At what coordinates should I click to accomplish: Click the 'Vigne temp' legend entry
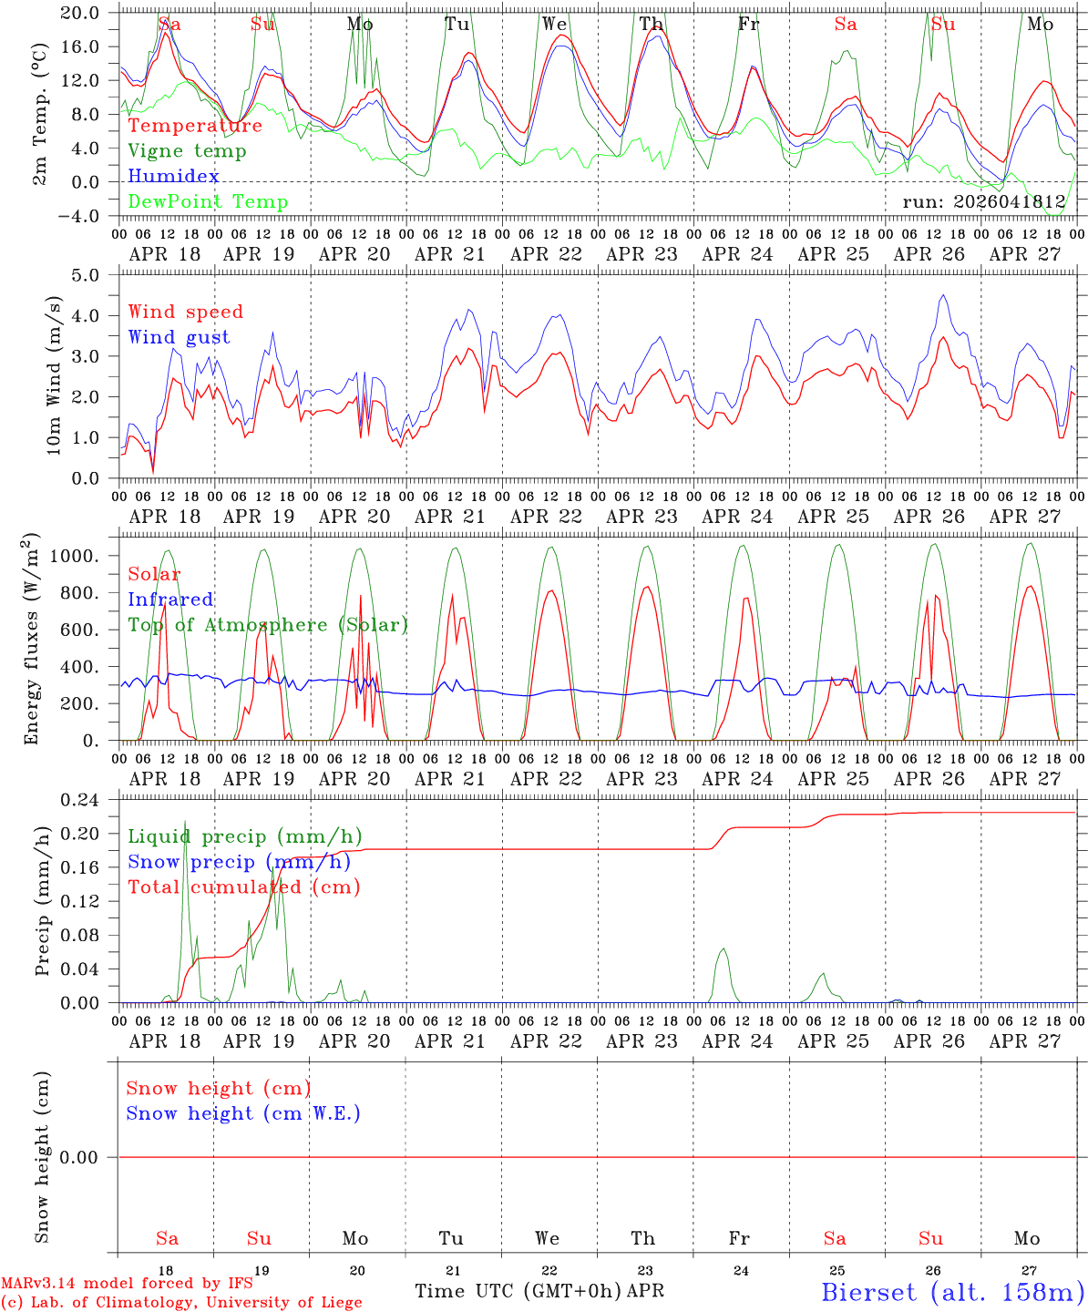pos(187,151)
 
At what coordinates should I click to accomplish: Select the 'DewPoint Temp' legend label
pos(208,201)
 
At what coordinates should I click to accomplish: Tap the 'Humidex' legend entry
pos(173,176)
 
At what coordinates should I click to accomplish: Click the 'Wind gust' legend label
pos(180,337)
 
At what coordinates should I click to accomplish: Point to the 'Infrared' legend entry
pos(170,600)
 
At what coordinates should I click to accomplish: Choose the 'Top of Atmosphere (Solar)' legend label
pos(269,625)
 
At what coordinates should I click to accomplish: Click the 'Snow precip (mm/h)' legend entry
pos(240,862)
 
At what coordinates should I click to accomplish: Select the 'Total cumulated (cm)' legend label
pos(244,887)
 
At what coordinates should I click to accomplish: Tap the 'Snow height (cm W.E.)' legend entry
pos(242,1112)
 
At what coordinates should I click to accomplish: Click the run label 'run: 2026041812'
pos(983,201)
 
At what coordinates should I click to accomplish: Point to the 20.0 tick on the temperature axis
pos(79,13)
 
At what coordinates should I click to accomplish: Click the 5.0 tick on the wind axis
pos(85,275)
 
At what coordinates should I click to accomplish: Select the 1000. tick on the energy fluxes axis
pos(74,556)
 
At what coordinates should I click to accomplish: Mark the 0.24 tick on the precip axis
pos(79,800)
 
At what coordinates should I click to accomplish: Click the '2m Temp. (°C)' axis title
pos(39,114)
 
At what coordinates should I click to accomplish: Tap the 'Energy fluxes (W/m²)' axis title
pos(30,639)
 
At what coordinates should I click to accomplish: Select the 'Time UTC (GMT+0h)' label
pos(518,1291)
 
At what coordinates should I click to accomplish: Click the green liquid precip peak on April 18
pos(185,821)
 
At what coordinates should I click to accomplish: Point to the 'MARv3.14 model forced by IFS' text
pos(127,1283)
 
